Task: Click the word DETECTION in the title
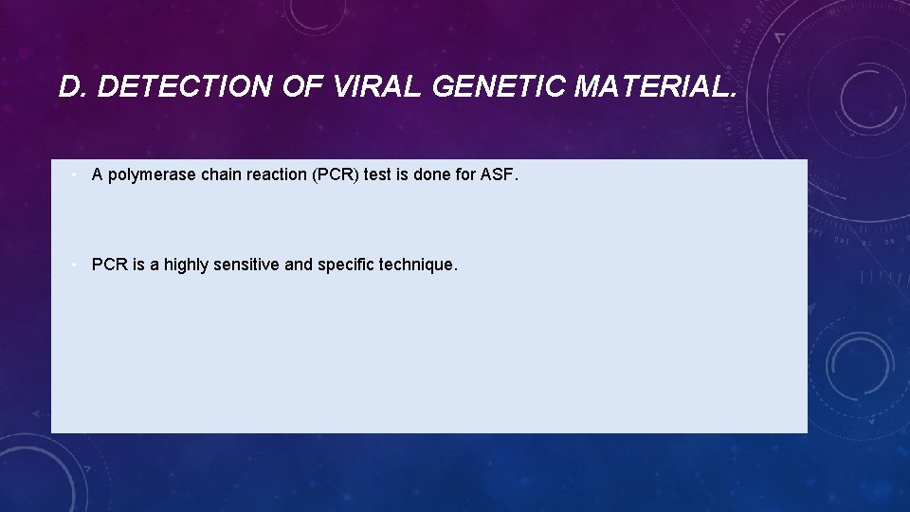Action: [x=186, y=88]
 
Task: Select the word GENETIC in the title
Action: [x=500, y=88]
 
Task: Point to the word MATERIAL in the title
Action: [x=655, y=88]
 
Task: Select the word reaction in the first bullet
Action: [x=276, y=174]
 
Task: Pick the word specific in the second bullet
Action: [x=346, y=265]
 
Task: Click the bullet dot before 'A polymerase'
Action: [x=74, y=174]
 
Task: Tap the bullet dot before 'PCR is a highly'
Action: [x=74, y=265]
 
